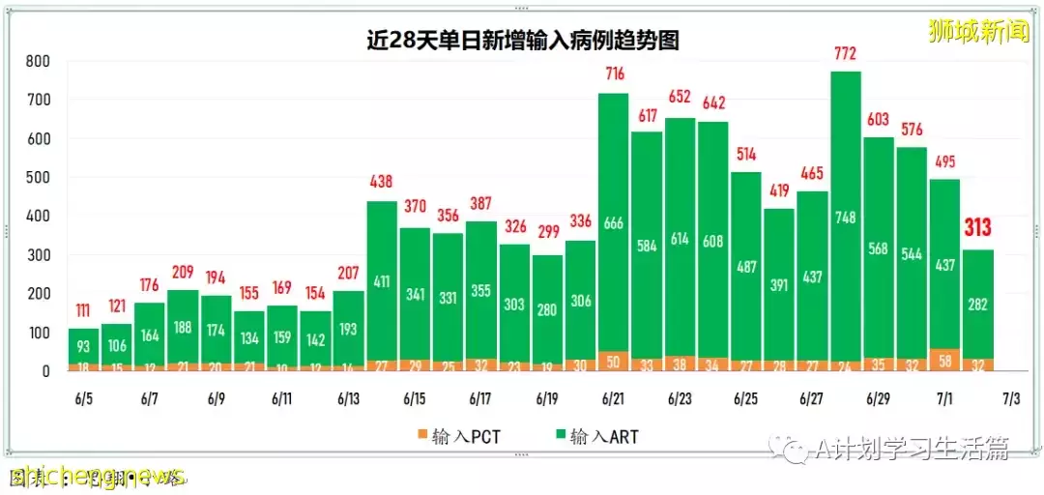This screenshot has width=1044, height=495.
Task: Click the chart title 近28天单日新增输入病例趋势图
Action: coord(522,40)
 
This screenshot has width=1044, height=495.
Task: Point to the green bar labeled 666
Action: coord(613,223)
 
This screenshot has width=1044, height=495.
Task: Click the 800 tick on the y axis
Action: coord(38,61)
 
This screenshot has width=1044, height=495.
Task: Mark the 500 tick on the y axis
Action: coord(38,178)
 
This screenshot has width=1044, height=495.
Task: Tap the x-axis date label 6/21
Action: coord(613,398)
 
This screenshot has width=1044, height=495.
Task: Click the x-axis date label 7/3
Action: coord(1010,398)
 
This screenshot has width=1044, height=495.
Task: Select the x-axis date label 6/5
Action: coord(84,398)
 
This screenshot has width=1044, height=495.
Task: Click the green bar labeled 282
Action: coord(977,305)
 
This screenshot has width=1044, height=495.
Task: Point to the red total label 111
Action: coord(84,310)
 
